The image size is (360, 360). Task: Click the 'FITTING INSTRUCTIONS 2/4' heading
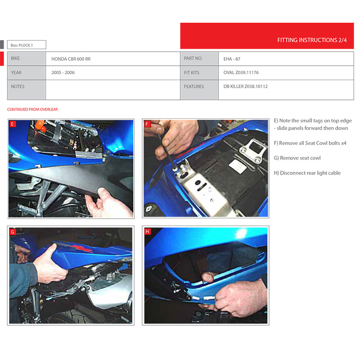pyautogui.click(x=312, y=40)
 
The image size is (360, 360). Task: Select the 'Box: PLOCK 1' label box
pyautogui.click(x=27, y=45)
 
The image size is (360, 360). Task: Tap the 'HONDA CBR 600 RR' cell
pyautogui.click(x=71, y=59)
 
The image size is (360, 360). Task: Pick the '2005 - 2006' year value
pyautogui.click(x=63, y=72)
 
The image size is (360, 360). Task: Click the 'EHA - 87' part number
pyautogui.click(x=232, y=59)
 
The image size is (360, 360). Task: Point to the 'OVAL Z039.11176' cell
pyautogui.click(x=241, y=72)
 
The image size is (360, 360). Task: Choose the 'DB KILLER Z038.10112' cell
pyautogui.click(x=245, y=86)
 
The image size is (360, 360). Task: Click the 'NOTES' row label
pyautogui.click(x=18, y=86)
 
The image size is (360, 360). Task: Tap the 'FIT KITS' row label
pyautogui.click(x=192, y=72)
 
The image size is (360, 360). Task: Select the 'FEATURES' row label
pyautogui.click(x=194, y=86)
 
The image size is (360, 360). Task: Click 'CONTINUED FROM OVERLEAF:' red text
pyautogui.click(x=33, y=109)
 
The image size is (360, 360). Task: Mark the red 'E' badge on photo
pyautogui.click(x=13, y=124)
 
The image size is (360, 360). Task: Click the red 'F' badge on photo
pyautogui.click(x=147, y=124)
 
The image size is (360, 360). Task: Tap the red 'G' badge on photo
pyautogui.click(x=13, y=232)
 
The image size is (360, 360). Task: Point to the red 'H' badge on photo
pyautogui.click(x=148, y=232)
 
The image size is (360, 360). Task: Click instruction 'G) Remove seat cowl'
pyautogui.click(x=297, y=158)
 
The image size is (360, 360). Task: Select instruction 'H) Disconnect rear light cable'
pyautogui.click(x=307, y=173)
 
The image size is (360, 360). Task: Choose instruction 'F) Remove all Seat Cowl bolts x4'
pyautogui.click(x=310, y=143)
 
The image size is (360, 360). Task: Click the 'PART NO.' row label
pyautogui.click(x=193, y=58)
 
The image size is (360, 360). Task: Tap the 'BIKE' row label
pyautogui.click(x=15, y=58)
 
